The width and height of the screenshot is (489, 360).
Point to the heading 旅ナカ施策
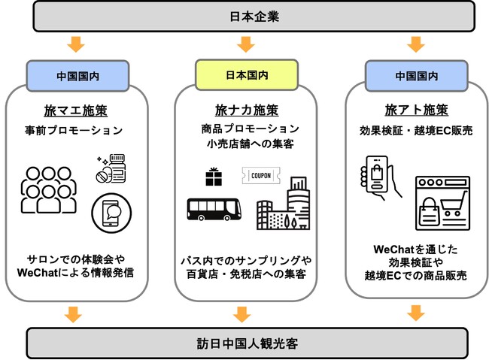coord(242,110)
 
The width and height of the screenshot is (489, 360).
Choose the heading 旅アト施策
coord(412,110)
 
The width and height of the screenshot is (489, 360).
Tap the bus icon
coord(213,208)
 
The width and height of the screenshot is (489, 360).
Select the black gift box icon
coord(213,176)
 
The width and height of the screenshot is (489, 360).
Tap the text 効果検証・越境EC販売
coord(412,131)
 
